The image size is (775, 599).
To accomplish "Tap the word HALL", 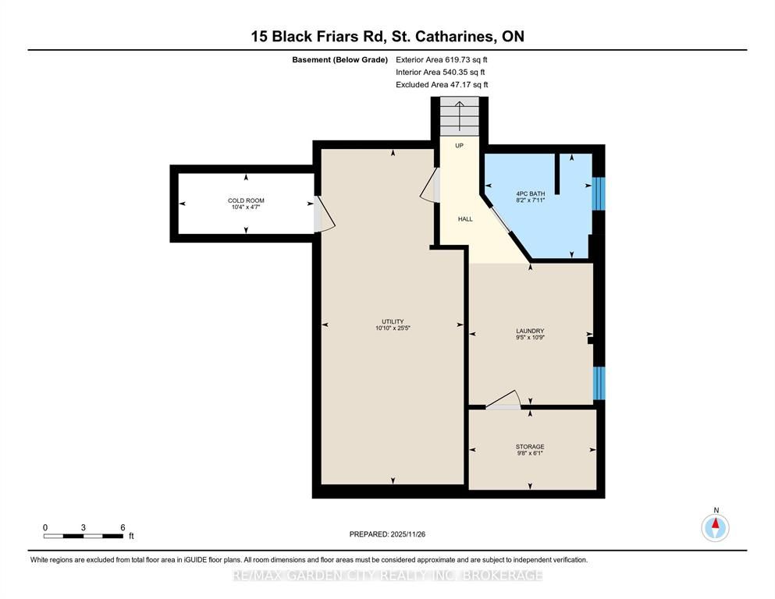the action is coord(465,218).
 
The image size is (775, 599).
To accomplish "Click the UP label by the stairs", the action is coord(459,146).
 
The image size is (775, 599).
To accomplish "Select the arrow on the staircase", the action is coord(459,116).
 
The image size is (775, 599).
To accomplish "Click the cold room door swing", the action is coord(324,214).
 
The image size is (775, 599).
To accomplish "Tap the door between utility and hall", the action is coord(431,185).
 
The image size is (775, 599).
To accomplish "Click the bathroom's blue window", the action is coord(599,193).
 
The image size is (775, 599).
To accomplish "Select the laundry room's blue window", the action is coord(599,383).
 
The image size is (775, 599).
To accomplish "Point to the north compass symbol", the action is coord(715,527).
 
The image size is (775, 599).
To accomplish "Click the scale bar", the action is coord(84,536).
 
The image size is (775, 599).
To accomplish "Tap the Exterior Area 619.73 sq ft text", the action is coord(442,60).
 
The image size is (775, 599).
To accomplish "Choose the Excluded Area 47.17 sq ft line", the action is coord(442,84).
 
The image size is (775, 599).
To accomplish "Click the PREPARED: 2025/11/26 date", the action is coord(387,534).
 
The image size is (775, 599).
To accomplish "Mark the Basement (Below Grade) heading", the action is coord(340,60).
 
